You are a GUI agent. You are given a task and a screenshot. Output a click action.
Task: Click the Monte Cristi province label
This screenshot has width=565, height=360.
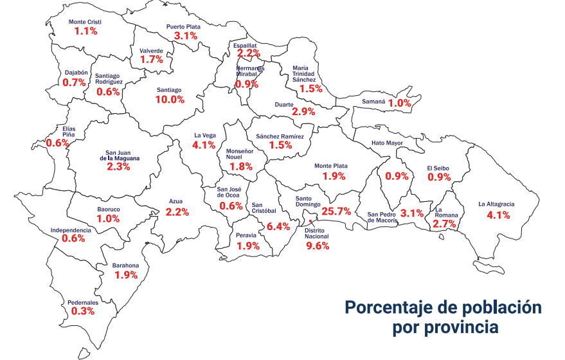click(x=85, y=22)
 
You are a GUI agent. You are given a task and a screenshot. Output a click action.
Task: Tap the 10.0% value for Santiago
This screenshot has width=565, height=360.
click(x=170, y=100)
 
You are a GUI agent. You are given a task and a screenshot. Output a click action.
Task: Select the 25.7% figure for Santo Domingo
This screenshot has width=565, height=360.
click(x=336, y=211)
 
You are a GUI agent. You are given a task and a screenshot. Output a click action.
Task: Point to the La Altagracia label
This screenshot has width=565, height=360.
click(x=496, y=204)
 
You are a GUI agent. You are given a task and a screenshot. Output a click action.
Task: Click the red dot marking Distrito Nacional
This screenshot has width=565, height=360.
click(x=311, y=222)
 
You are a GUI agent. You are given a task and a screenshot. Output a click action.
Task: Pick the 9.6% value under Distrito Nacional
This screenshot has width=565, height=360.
click(x=318, y=245)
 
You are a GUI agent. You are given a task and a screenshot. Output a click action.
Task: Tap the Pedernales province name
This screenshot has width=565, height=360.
click(x=83, y=302)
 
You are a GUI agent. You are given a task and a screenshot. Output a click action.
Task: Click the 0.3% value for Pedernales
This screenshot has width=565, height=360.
click(x=83, y=311)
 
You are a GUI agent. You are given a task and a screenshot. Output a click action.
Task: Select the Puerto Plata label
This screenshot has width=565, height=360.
click(x=184, y=27)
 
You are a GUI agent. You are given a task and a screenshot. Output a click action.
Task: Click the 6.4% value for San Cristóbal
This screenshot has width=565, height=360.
click(x=278, y=226)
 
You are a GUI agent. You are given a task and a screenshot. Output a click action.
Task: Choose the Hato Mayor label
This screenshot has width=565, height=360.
click(x=387, y=143)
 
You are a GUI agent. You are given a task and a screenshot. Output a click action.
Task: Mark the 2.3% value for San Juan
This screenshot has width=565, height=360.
click(x=118, y=166)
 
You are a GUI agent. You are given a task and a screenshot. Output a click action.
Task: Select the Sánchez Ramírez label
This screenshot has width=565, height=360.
click(x=280, y=136)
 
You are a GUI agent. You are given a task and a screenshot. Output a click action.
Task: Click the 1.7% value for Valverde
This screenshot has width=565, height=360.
click(x=152, y=59)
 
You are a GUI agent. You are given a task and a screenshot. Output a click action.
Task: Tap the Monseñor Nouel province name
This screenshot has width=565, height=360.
click(x=240, y=155)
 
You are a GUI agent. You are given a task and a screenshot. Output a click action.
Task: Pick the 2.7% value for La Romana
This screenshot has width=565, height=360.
click(x=444, y=224)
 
